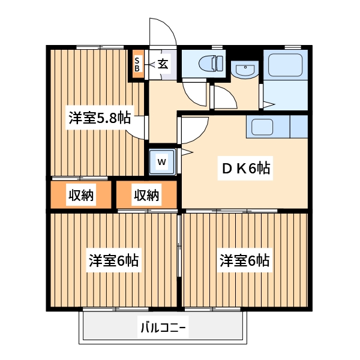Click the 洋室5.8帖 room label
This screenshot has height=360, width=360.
click(99, 118)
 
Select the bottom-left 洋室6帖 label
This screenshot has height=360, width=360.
click(114, 261)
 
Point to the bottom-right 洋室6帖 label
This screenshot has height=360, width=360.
click(244, 261)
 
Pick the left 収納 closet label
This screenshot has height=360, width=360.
click(81, 195)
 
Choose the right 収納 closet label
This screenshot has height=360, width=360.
click(147, 195)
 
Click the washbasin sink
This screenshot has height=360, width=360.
click(245, 70)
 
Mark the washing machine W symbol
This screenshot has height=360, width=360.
click(162, 161)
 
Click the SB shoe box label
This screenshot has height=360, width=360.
click(137, 64)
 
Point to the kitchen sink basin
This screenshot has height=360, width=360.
click(262, 127)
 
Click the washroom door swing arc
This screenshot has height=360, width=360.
click(223, 97)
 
